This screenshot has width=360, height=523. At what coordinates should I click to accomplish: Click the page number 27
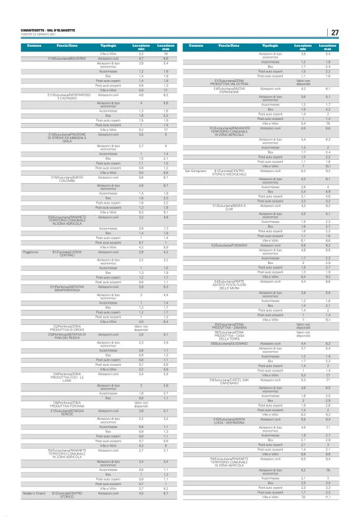(335, 32)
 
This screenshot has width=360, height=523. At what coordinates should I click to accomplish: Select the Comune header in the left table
(34, 47)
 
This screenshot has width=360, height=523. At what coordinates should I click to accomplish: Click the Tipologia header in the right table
(270, 47)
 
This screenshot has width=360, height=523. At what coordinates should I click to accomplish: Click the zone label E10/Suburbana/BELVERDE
(68, 58)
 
